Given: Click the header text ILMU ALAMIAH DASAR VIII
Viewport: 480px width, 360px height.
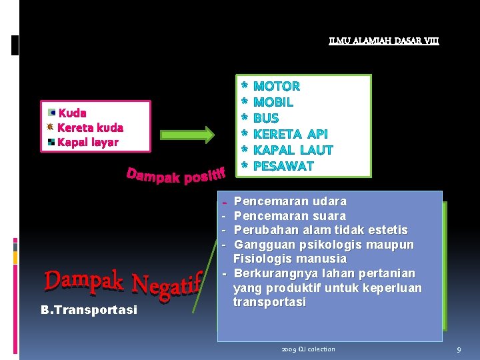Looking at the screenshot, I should [384, 41].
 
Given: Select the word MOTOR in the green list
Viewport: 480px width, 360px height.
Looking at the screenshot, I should [277, 86].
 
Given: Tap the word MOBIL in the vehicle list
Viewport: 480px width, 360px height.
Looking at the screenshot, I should [273, 102].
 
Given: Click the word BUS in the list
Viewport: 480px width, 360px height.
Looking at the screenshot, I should [266, 118].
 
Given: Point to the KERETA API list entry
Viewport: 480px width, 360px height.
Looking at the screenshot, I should [291, 134].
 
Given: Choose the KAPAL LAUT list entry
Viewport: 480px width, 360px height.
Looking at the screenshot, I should [293, 150].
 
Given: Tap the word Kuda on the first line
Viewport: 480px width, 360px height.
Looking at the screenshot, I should [72, 113].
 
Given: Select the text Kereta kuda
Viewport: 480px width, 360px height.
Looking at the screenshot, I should [90, 127].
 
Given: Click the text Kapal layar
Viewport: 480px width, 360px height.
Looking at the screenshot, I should [87, 142].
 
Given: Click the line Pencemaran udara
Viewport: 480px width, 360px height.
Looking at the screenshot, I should [290, 201].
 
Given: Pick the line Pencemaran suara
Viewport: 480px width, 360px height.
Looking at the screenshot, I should [290, 216].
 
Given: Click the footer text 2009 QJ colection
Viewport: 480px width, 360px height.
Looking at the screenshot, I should [308, 349].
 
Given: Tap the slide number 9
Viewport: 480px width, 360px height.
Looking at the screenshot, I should [459, 349].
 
